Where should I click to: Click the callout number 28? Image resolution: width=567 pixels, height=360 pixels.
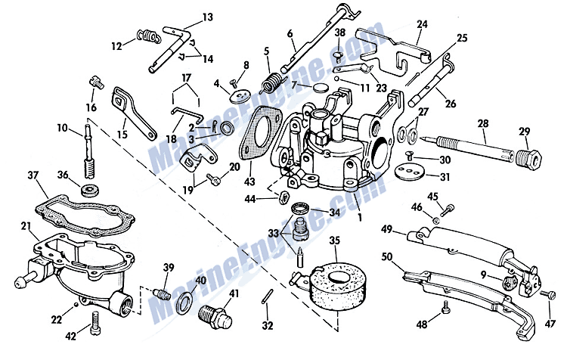[x=484, y=123]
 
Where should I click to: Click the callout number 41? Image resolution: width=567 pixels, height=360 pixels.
[x=234, y=293]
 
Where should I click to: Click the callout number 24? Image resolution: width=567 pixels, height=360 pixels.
[x=422, y=23]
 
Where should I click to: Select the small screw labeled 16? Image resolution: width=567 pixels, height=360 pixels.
[x=94, y=82]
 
